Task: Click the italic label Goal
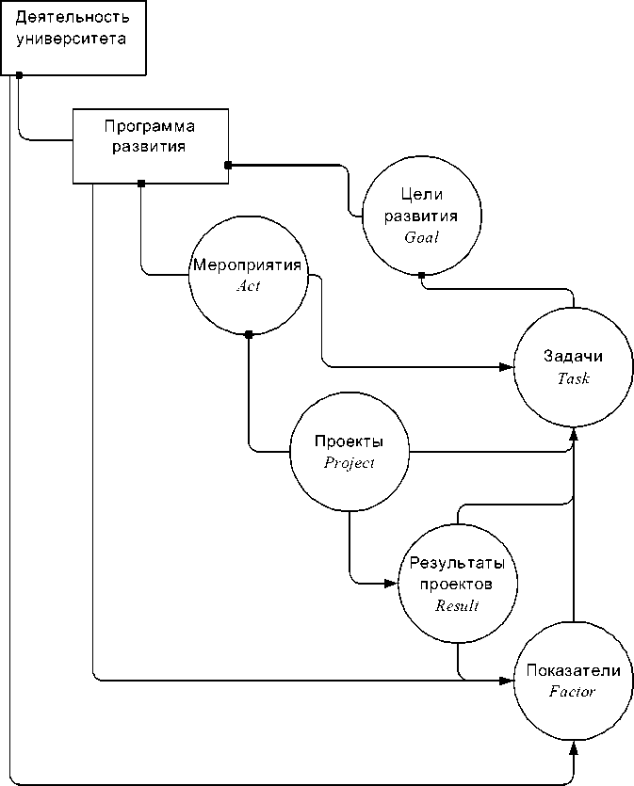421,237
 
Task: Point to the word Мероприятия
247,265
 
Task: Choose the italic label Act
248,286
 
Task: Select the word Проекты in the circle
349,441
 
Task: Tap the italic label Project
350,462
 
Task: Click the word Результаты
457,563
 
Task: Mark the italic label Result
457,606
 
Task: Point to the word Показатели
573,670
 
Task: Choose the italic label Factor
573,691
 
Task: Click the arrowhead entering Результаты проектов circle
392,584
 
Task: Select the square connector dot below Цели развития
421,276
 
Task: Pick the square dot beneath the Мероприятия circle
249,334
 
